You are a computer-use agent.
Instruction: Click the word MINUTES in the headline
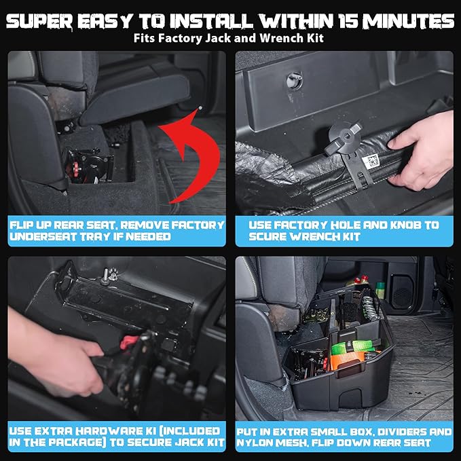[407, 21]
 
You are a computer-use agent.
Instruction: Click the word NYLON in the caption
[259, 443]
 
